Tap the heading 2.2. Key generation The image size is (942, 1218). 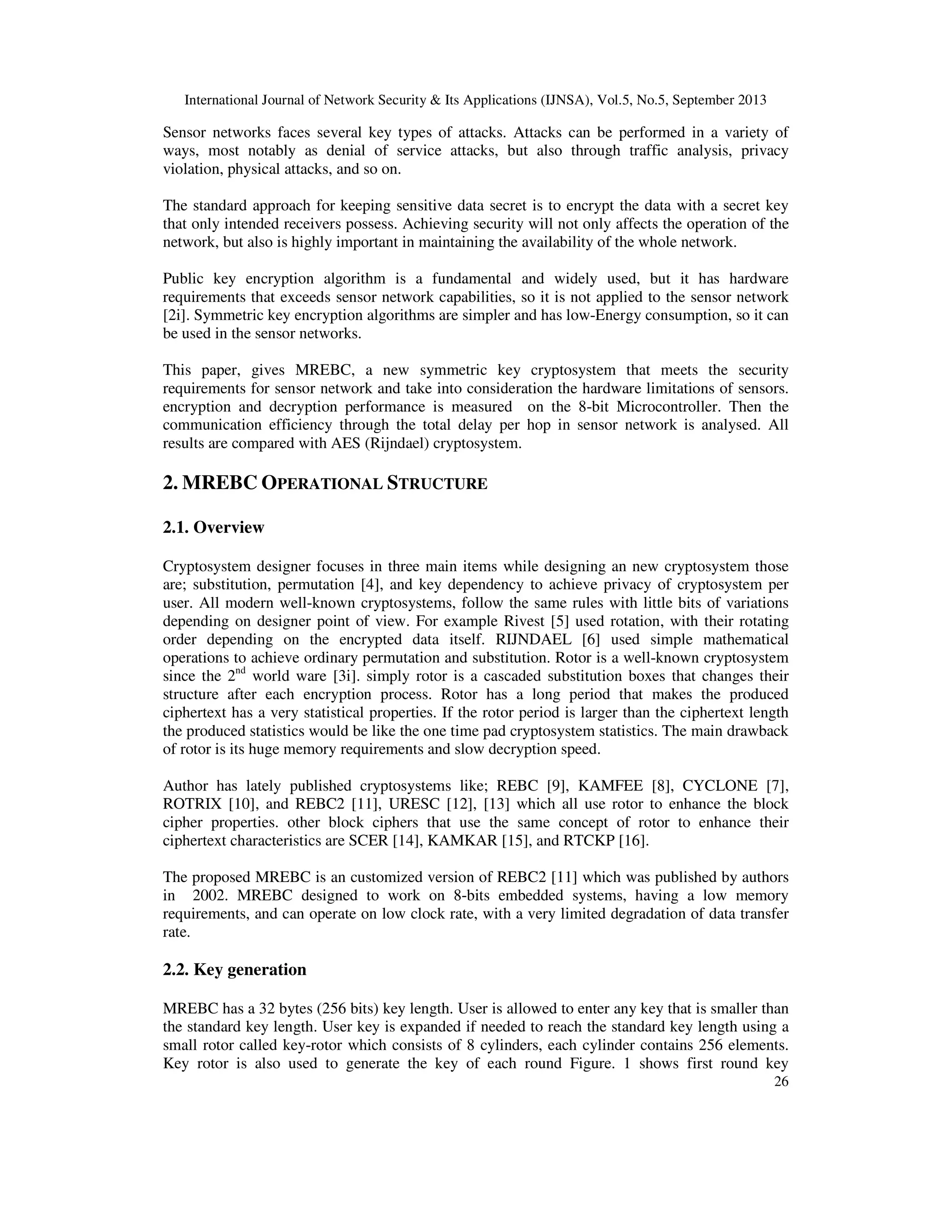click(235, 969)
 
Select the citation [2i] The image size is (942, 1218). click(173, 316)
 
